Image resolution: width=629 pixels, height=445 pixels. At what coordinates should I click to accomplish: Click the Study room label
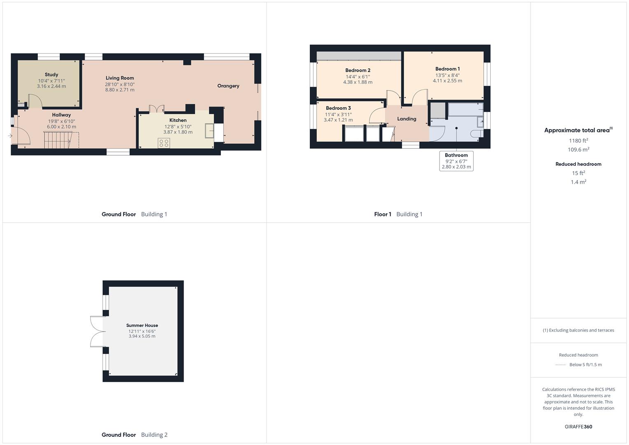pos(51,75)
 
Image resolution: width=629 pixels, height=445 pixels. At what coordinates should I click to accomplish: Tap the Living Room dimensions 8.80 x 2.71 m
pos(120,90)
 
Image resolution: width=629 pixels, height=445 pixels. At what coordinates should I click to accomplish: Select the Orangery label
pos(228,86)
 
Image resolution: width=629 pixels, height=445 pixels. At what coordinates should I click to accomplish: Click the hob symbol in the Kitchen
pos(164,143)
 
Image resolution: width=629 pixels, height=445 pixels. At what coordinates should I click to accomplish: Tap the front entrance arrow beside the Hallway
pos(10,136)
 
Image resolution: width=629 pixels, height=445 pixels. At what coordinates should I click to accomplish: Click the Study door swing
pos(34,101)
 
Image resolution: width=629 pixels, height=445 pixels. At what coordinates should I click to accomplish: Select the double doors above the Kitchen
pos(157,108)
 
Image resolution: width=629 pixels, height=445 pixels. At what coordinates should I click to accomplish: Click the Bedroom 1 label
pos(447,69)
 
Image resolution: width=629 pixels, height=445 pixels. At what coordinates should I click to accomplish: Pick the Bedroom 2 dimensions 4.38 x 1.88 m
pos(358,82)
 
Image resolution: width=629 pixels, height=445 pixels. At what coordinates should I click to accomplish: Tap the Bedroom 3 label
pos(338,108)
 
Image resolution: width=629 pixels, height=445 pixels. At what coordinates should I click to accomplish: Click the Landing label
pos(407,119)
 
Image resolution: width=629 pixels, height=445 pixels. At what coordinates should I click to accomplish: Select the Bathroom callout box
pos(456,161)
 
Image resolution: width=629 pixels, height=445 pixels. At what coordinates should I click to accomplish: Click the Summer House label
pos(142,325)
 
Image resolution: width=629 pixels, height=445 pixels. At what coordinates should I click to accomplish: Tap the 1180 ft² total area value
pos(578,141)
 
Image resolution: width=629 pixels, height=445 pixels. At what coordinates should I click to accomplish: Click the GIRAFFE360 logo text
pos(578,426)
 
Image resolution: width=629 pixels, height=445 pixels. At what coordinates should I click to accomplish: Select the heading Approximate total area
pos(578,130)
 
